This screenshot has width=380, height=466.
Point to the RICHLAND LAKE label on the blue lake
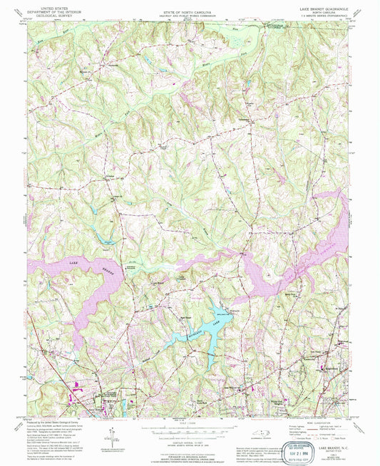coord(191,325)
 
